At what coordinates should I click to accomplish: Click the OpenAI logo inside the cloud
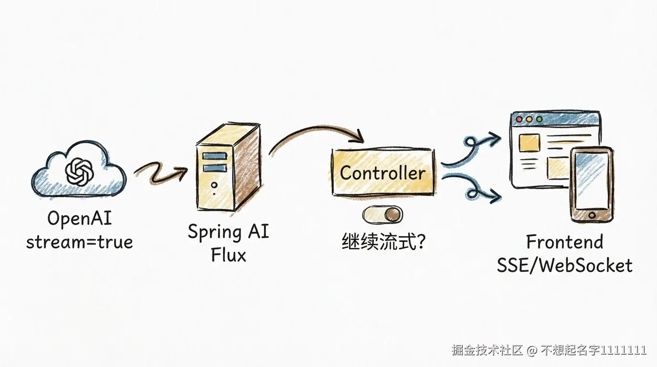tap(79, 171)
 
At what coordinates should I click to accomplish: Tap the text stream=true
tap(79, 242)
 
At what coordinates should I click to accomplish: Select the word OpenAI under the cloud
tap(79, 219)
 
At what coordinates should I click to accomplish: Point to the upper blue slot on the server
tap(214, 156)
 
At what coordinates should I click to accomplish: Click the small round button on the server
tap(214, 185)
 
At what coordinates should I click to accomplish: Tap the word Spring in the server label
tap(213, 232)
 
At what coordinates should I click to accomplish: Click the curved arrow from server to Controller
tap(315, 134)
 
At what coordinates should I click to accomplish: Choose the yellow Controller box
tap(382, 173)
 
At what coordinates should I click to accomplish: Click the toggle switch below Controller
tap(382, 215)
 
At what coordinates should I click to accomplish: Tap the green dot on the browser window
tap(539, 119)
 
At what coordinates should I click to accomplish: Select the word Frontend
tap(564, 242)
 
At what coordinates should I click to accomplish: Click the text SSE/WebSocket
tap(564, 265)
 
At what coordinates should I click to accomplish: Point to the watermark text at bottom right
tap(549, 350)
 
